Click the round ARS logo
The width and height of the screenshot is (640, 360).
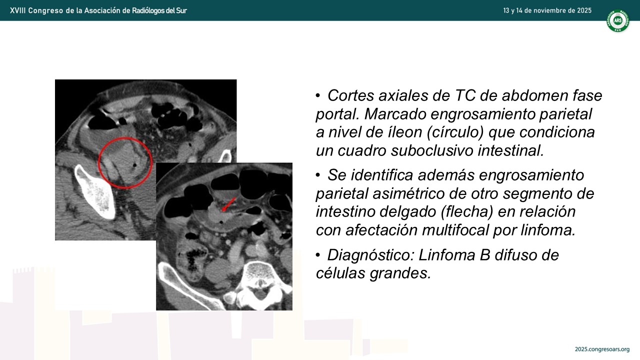(617, 20)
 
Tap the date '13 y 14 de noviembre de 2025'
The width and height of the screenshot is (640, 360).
(547, 10)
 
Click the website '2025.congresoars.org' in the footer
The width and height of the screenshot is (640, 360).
(602, 349)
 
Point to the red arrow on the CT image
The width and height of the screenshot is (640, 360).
(229, 204)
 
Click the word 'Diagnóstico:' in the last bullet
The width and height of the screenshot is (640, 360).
(370, 255)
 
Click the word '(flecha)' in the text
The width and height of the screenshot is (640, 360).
(467, 211)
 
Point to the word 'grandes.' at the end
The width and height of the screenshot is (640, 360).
(400, 273)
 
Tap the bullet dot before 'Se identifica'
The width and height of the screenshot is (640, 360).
(318, 175)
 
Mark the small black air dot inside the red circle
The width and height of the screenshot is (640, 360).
(134, 165)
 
